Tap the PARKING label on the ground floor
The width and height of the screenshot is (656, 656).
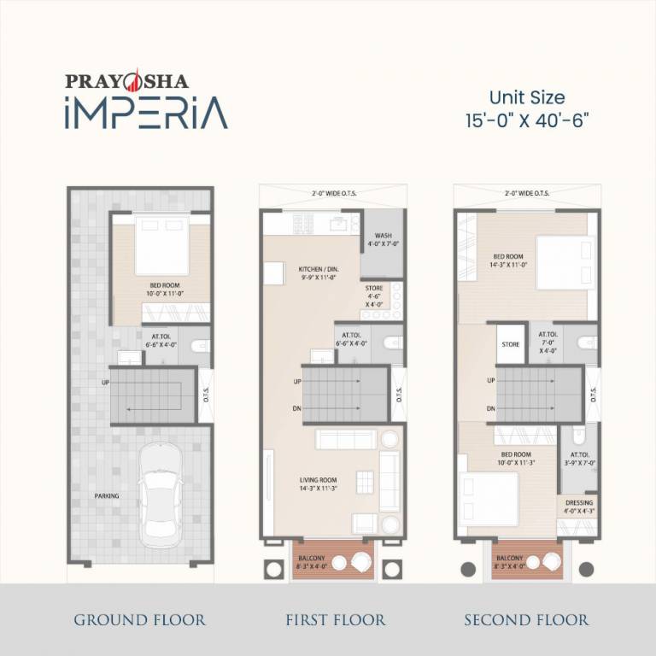pos(107,495)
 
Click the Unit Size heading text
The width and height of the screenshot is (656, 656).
pos(526,98)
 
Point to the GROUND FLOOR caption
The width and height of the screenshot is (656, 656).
pos(139,619)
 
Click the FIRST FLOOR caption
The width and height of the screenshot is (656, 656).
pos(335,619)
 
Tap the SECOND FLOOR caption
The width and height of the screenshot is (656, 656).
pos(526,619)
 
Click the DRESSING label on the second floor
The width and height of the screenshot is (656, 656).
pos(578,503)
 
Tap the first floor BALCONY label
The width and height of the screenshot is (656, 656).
pos(311,556)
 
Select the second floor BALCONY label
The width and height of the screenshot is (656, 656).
pos(509,556)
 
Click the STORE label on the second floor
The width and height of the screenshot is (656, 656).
pos(511,345)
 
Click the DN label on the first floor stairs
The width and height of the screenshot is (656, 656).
pos(297,408)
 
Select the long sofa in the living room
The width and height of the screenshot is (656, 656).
pos(345,439)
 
